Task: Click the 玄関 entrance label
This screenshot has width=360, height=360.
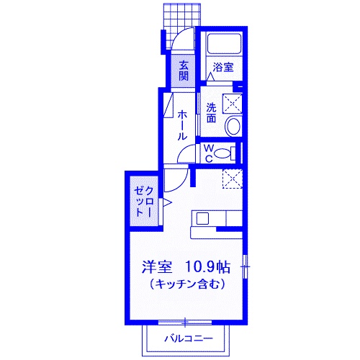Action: click(x=184, y=70)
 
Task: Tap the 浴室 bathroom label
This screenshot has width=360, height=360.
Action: click(x=222, y=68)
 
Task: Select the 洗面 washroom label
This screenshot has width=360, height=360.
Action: click(x=211, y=113)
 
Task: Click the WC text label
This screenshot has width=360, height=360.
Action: click(x=207, y=153)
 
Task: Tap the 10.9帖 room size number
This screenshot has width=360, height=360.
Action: click(x=207, y=267)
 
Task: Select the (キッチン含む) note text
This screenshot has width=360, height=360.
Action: click(x=188, y=284)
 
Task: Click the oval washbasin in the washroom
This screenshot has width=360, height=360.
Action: click(x=233, y=127)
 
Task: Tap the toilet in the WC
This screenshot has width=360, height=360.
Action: click(x=223, y=152)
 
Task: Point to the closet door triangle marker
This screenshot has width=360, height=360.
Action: click(x=166, y=203)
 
